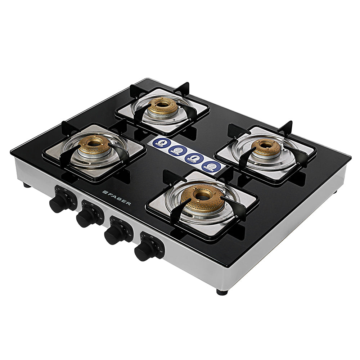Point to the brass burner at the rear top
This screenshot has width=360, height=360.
[x=163, y=106]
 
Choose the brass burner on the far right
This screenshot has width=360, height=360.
[x=266, y=147]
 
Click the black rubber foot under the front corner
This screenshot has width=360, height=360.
[x=222, y=292]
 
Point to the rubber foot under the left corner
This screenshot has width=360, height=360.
[x=26, y=185]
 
